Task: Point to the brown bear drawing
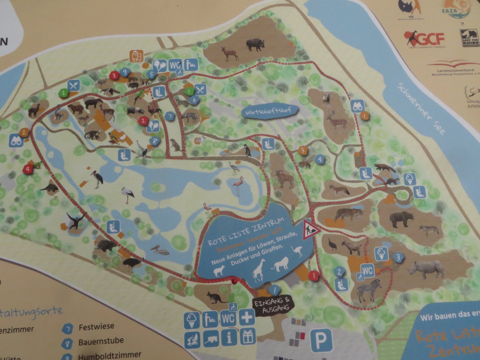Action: (402, 219)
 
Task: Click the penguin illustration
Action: (247, 151)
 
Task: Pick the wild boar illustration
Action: (255, 44)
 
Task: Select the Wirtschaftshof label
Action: (271, 111)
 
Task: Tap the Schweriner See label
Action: (421, 108)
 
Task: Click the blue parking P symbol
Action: (321, 340)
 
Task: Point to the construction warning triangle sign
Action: (311, 229)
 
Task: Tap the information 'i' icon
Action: (228, 337)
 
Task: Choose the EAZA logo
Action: (456, 9)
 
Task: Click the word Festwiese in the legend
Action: (96, 327)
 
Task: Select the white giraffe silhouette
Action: (259, 270)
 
